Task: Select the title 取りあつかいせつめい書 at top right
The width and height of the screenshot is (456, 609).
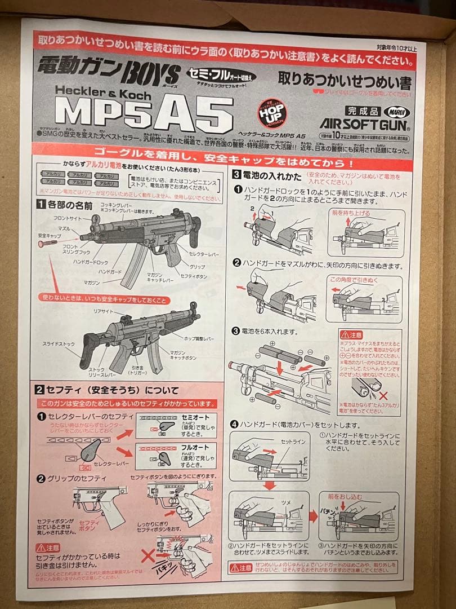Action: tap(345, 82)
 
